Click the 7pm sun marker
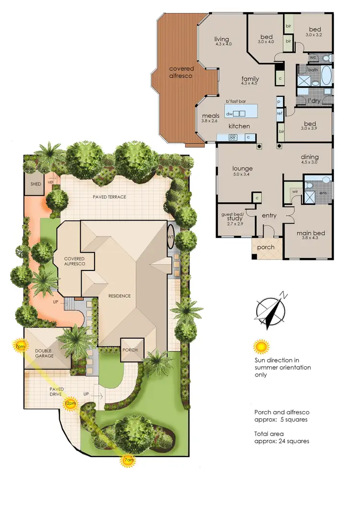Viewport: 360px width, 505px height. tap(20, 346)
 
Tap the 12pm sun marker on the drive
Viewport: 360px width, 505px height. tap(70, 403)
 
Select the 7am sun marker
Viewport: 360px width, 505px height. tap(128, 460)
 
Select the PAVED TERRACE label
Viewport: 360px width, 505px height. tap(109, 197)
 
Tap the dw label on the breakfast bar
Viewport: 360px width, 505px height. tap(229, 114)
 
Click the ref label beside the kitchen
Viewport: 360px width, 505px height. tap(279, 113)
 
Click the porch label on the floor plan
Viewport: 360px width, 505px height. tap(266, 247)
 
